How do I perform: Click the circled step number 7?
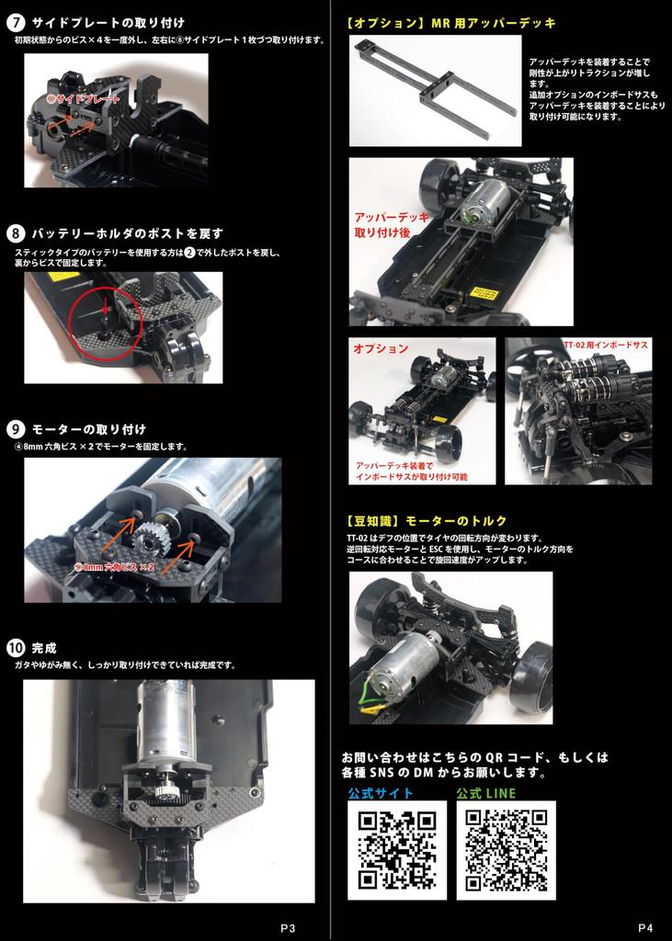pos(15,23)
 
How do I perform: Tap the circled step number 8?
pos(15,233)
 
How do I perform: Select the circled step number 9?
pos(15,430)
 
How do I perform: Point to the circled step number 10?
pos(15,648)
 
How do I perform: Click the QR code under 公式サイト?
pos(397,850)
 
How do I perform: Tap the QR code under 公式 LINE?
pos(507,850)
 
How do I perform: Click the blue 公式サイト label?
pos(381,793)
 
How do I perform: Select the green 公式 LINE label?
pos(485,793)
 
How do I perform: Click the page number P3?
pos(288,928)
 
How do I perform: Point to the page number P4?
pos(645,928)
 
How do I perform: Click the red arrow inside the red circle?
pos(106,307)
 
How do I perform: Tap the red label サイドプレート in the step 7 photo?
pos(84,98)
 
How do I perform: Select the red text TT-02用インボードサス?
pos(606,346)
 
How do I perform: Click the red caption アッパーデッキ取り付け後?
pos(392,224)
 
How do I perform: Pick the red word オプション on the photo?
pos(381,348)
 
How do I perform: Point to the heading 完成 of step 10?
pos(44,648)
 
